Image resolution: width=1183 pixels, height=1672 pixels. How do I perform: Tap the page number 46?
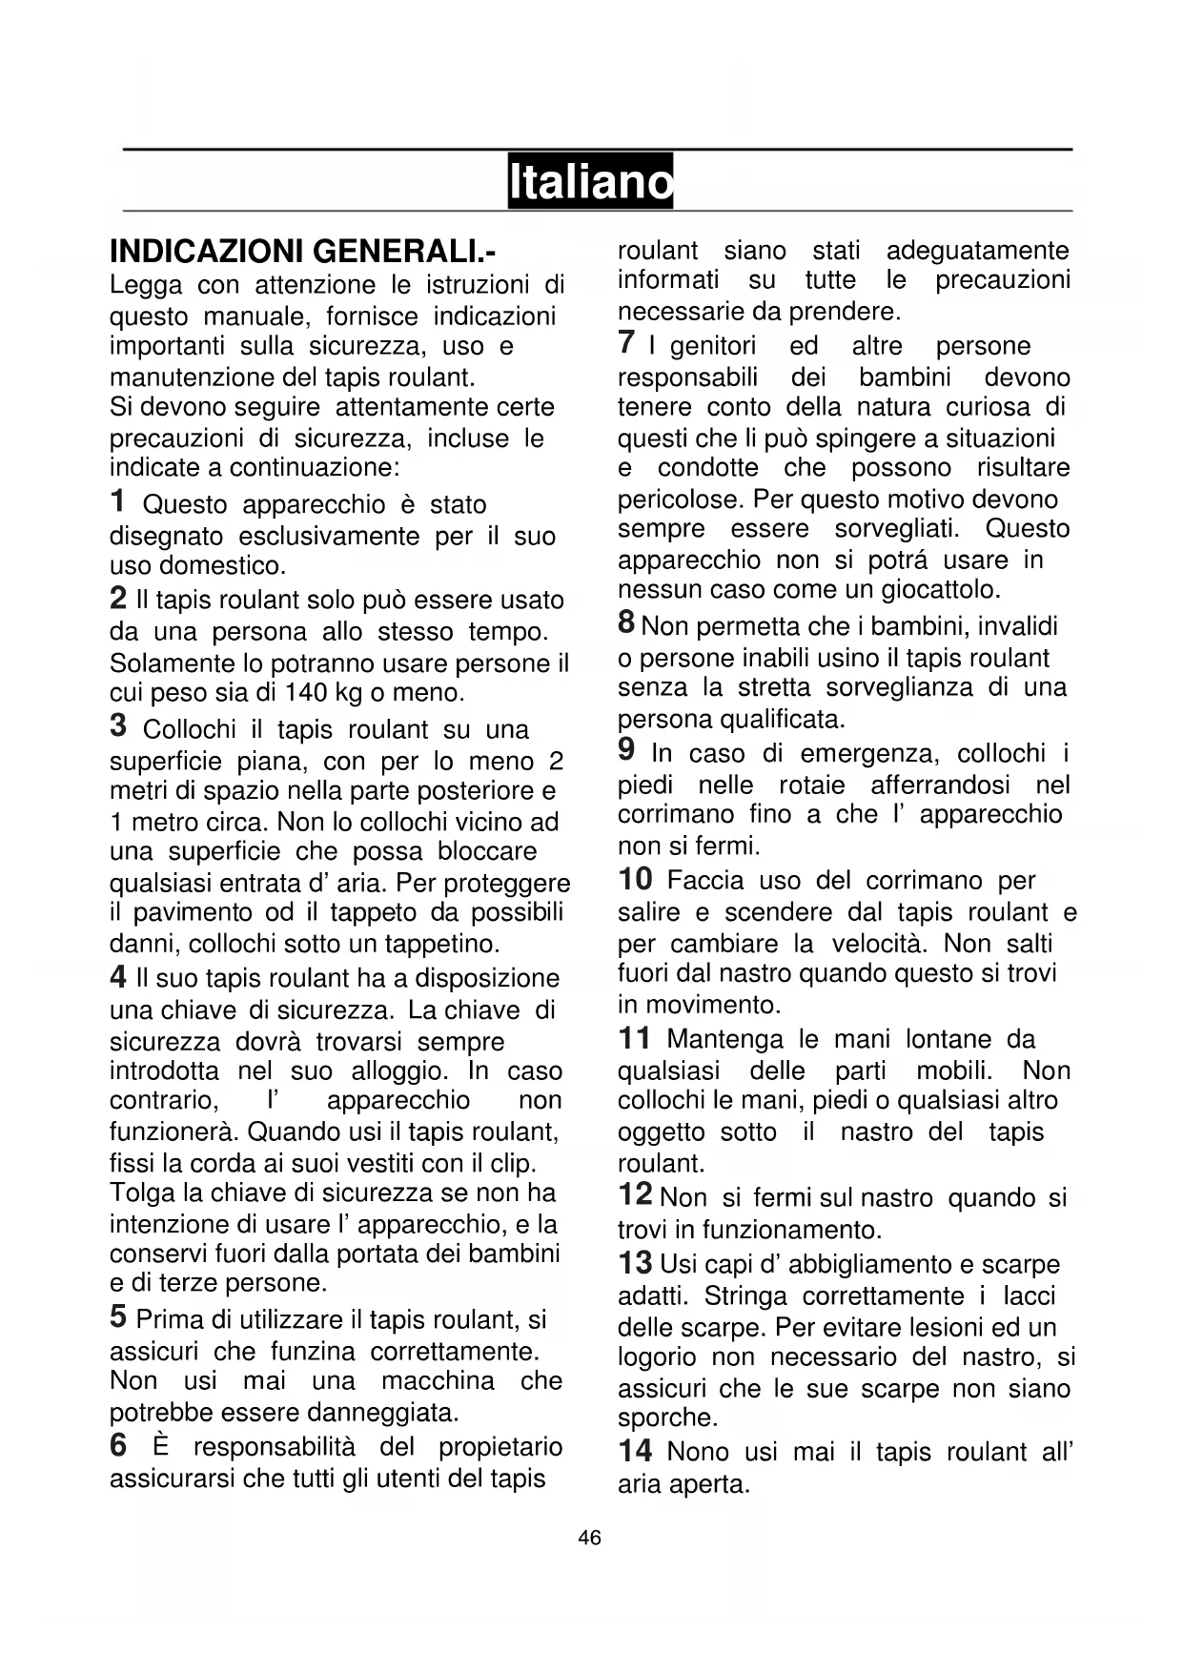tap(590, 1537)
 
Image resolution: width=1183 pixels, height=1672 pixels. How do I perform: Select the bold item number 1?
tap(117, 501)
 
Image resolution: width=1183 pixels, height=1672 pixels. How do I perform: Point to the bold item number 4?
tap(118, 977)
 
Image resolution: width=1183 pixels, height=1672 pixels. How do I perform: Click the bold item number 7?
tap(625, 343)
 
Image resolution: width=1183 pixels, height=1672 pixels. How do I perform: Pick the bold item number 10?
tap(635, 878)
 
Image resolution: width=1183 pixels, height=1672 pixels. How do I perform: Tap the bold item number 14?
tap(635, 1451)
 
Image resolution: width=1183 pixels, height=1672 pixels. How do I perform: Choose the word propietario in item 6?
tap(500, 1447)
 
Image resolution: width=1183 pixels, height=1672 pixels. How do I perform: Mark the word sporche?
tap(667, 1417)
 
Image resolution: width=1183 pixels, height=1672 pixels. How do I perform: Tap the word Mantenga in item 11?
tap(724, 1039)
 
